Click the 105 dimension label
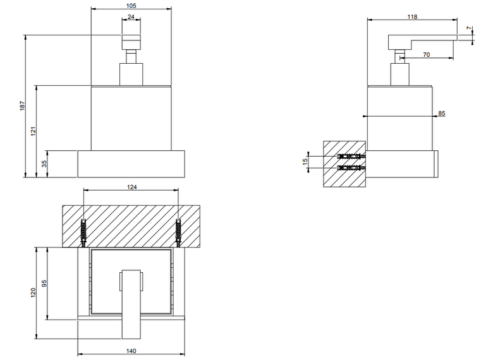131,6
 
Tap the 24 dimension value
131,16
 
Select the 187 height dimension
22,106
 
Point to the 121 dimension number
33,131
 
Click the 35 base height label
44,164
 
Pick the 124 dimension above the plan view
131,187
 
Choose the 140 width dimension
131,351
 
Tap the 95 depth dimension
44,284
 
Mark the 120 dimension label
33,292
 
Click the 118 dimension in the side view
412,16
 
